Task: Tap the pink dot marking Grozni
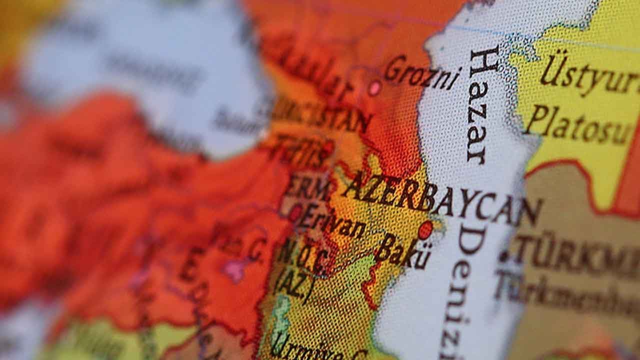pyautogui.click(x=374, y=88)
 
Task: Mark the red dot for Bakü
pyautogui.click(x=425, y=230)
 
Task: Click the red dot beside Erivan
pyautogui.click(x=295, y=212)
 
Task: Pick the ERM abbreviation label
pyautogui.click(x=308, y=188)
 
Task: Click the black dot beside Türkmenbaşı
pyautogui.click(x=504, y=256)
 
